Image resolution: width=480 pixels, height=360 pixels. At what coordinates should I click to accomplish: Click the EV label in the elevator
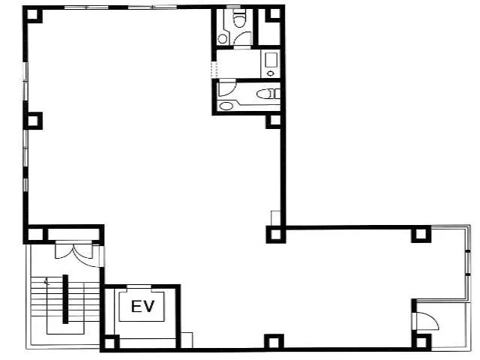coord(143,307)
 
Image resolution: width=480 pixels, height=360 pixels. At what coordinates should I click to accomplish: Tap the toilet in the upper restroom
coord(239,18)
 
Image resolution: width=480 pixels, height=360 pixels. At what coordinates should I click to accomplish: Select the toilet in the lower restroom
coord(268,94)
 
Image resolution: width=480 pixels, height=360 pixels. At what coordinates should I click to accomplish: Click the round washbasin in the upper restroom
coord(223,39)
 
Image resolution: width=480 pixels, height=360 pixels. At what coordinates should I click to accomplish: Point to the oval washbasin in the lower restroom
coord(226,106)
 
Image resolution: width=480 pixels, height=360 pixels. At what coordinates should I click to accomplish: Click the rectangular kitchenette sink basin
coord(271,60)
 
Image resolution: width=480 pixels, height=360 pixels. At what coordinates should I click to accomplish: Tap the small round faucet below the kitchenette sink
coord(270,73)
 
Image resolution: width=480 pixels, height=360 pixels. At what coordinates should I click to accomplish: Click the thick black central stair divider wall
coord(65,299)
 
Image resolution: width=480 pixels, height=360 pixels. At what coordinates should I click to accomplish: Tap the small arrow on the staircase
coord(46,281)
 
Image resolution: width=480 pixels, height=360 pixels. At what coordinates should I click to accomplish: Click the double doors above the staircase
coord(73,251)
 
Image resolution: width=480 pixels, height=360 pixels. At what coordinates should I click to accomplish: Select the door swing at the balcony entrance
coord(427,321)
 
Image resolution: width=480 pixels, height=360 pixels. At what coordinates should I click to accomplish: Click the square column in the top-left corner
coord(33,14)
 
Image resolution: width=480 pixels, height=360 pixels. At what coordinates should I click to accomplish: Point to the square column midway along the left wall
coord(33,121)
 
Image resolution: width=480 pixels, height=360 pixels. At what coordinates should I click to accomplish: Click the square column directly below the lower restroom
coord(274,120)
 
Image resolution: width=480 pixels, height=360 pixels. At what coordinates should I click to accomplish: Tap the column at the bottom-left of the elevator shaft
coord(110,343)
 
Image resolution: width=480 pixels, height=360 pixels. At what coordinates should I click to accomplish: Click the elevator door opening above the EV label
coord(139,286)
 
